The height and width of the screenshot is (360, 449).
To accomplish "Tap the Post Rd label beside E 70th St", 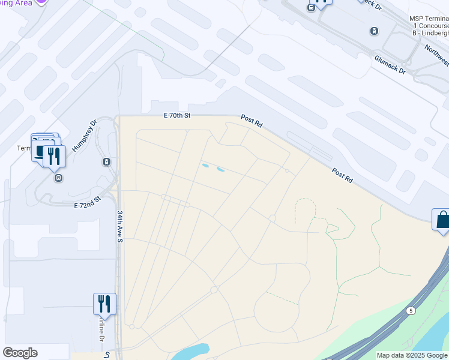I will point(252,121).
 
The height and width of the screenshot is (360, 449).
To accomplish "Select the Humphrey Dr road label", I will point(84,136).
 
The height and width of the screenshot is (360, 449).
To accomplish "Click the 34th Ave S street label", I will point(119,226).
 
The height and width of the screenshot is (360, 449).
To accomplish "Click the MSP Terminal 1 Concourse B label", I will point(429,26).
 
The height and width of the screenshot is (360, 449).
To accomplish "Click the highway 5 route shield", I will point(411,310).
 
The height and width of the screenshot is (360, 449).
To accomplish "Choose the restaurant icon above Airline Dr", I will point(104,304).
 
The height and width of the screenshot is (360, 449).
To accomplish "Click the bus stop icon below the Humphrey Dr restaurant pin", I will point(58,178).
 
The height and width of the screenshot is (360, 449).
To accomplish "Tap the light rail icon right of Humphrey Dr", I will point(106,161).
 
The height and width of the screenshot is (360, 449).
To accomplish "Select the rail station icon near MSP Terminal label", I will point(374,31).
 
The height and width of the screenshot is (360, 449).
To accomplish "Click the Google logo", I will point(20,353).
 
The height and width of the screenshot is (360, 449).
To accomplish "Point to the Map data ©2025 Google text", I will point(412,355).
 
